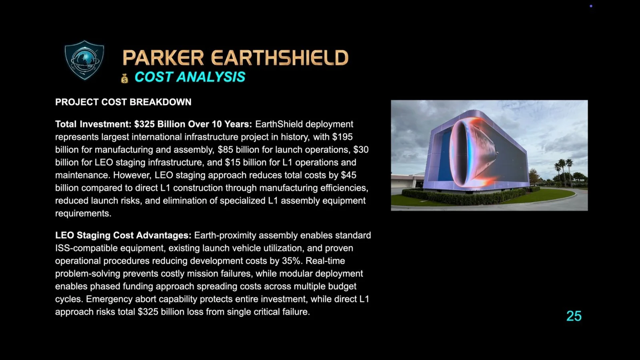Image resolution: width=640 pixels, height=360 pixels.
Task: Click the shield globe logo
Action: (84, 60)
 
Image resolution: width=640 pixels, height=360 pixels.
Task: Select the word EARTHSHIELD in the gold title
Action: (280, 58)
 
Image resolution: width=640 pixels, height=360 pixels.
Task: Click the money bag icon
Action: (125, 78)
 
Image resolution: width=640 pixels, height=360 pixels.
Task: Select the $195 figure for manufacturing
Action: (342, 137)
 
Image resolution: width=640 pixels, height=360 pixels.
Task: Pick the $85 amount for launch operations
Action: (225, 150)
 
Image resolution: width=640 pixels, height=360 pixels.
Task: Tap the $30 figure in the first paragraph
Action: (361, 150)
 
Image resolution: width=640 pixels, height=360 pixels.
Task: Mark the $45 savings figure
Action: (348, 175)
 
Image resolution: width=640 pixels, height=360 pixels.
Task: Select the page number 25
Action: (574, 316)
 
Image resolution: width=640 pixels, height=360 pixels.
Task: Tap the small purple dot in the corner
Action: (591, 6)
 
